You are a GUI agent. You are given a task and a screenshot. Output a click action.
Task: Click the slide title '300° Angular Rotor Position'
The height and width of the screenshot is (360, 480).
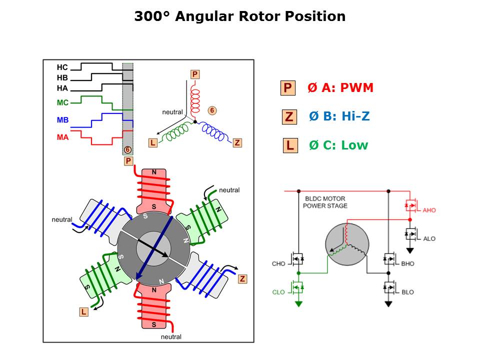pyautogui.click(x=239, y=16)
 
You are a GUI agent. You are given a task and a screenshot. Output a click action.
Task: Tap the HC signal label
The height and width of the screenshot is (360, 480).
pyautogui.click(x=62, y=67)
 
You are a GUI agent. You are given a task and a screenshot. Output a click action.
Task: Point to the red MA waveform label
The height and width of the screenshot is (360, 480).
pyautogui.click(x=62, y=136)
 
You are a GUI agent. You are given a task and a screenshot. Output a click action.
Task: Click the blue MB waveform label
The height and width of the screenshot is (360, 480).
pyautogui.click(x=62, y=120)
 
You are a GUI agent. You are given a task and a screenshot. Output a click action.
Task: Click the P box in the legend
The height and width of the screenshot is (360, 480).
pyautogui.click(x=287, y=88)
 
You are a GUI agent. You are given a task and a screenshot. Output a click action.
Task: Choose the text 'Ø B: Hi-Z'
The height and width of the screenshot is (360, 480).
pyautogui.click(x=339, y=116)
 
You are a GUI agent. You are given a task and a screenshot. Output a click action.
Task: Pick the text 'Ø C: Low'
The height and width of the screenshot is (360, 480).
pyautogui.click(x=338, y=145)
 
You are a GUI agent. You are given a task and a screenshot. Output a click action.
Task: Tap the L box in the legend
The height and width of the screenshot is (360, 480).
pyautogui.click(x=289, y=145)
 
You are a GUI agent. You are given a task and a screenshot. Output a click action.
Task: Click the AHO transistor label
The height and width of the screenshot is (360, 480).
pyautogui.click(x=428, y=210)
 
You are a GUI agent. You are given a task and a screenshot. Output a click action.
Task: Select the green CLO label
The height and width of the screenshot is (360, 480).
pyautogui.click(x=278, y=292)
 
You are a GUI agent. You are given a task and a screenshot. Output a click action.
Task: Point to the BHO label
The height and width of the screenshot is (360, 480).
pyautogui.click(x=407, y=263)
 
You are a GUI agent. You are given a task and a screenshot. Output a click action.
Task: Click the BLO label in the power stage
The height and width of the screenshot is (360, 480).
pyautogui.click(x=407, y=292)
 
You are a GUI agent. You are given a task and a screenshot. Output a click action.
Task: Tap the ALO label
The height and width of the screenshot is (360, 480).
pyautogui.click(x=428, y=238)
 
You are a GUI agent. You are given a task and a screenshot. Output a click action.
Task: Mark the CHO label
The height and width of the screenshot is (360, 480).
pyautogui.click(x=278, y=263)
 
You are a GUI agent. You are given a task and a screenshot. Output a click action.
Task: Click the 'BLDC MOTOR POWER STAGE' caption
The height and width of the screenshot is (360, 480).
pyautogui.click(x=325, y=202)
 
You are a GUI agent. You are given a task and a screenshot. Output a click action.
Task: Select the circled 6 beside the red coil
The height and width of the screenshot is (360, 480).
pyautogui.click(x=212, y=110)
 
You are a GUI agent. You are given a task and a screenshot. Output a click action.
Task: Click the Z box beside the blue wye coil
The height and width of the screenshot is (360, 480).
pyautogui.click(x=237, y=143)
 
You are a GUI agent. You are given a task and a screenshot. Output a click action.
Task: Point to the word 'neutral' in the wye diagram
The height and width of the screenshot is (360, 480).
pyautogui.click(x=172, y=112)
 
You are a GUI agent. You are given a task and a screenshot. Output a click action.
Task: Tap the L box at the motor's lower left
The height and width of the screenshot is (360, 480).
pyautogui.click(x=83, y=312)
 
